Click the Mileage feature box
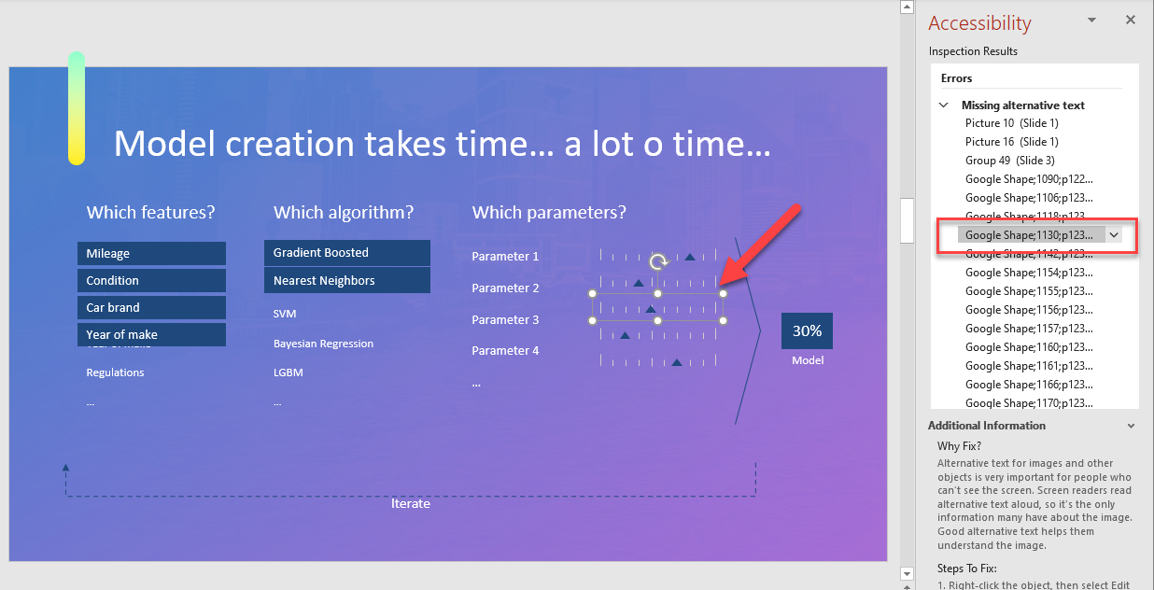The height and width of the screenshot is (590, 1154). (x=151, y=254)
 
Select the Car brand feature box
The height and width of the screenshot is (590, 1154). (x=151, y=308)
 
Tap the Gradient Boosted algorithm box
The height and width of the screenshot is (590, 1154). (x=346, y=253)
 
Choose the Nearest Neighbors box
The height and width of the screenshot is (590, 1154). (x=346, y=281)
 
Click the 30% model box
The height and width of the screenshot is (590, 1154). (x=807, y=331)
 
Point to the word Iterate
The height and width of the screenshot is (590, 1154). (x=411, y=504)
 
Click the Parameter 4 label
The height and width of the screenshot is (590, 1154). (x=505, y=351)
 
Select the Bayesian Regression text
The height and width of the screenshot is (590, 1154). (x=323, y=344)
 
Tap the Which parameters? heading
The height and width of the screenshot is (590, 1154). (x=549, y=213)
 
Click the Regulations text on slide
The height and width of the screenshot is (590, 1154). (x=115, y=372)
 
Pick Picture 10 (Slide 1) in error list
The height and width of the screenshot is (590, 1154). (x=1011, y=123)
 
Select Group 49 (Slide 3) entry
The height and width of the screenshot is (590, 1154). (x=1009, y=161)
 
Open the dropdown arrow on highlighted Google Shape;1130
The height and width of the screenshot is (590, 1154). (x=1113, y=235)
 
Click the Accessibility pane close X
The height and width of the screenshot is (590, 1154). (x=1130, y=20)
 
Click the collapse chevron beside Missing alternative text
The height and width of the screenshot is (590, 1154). (x=944, y=105)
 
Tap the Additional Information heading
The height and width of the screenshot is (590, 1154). (x=986, y=426)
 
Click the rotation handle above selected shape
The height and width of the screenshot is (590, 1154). (x=658, y=262)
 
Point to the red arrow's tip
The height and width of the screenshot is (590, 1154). (x=722, y=282)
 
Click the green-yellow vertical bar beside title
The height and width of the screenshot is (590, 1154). (x=77, y=108)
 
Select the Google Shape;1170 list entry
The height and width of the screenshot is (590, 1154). (x=1028, y=403)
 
